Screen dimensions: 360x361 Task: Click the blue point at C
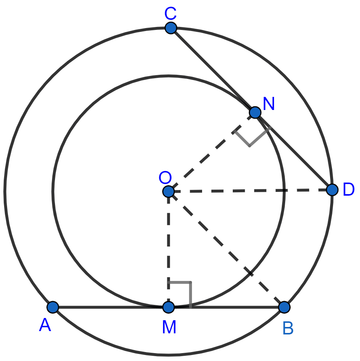tap(171, 28)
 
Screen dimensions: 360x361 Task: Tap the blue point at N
tap(255, 112)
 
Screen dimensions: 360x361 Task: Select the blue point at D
tap(332, 190)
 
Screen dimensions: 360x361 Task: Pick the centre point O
tap(168, 192)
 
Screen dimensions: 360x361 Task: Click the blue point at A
tap(53, 307)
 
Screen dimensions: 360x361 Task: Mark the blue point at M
tap(168, 308)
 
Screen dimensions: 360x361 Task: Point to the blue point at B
tap(284, 307)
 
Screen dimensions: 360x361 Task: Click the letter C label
tap(170, 14)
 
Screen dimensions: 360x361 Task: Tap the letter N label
tap(269, 104)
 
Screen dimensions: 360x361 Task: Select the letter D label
tap(348, 190)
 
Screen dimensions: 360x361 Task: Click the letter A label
tap(45, 325)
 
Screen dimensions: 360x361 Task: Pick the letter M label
tap(169, 327)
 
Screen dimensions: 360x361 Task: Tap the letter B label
tap(288, 328)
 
